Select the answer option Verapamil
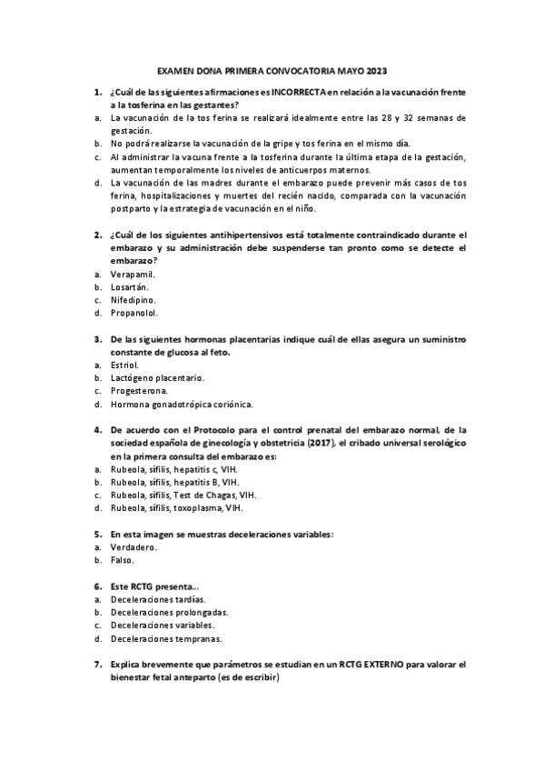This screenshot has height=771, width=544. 133,274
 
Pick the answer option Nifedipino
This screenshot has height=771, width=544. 133,299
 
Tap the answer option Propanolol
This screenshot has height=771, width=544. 134,313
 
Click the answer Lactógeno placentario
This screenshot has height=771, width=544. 156,377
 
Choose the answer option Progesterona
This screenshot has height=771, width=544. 139,391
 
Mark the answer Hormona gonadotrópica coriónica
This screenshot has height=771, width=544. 182,404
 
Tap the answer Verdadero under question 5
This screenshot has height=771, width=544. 133,547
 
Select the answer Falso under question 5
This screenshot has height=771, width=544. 123,560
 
